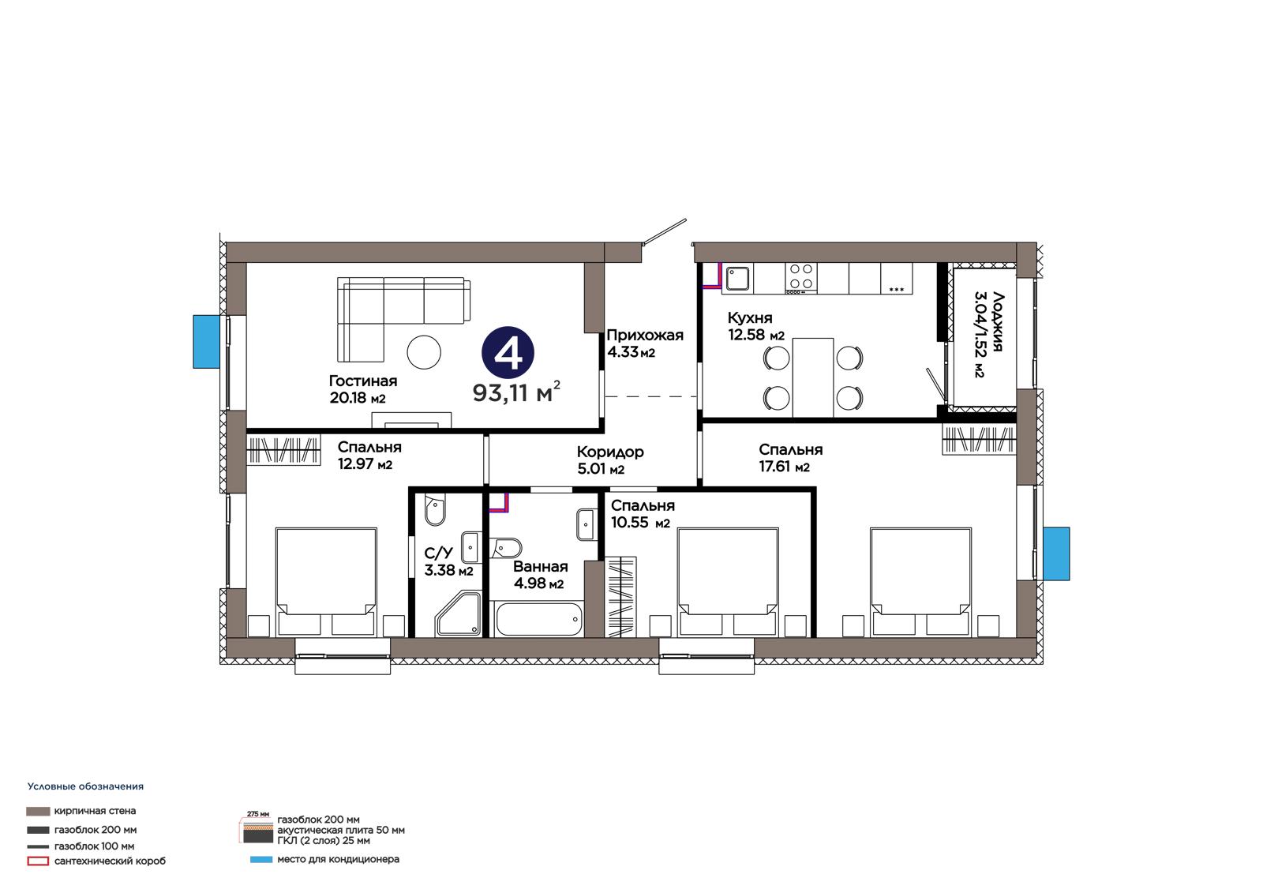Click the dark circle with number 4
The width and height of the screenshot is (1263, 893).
click(508, 353)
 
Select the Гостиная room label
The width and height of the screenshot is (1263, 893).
click(363, 381)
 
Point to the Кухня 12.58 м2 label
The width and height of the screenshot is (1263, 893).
click(755, 326)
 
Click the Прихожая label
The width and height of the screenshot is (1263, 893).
click(644, 335)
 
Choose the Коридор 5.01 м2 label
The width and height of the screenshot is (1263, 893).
click(610, 460)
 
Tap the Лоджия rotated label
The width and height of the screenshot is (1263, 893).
click(998, 321)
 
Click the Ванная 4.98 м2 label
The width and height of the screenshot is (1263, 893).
click(540, 575)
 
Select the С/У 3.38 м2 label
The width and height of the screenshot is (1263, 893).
click(448, 561)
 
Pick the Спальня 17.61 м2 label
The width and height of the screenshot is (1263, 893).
click(790, 458)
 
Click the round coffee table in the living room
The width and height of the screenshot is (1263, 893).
click(423, 353)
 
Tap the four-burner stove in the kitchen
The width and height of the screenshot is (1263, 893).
click(800, 276)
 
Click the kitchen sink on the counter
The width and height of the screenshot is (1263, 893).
click(737, 278)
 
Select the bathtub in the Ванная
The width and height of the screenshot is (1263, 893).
click(538, 619)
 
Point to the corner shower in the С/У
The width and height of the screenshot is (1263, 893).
click(459, 613)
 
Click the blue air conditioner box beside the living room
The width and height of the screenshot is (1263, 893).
click(206, 342)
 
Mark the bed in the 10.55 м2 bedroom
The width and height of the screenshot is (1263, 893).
click(727, 582)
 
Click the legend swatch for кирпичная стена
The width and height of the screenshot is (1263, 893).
click(38, 811)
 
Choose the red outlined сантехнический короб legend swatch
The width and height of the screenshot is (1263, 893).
click(38, 861)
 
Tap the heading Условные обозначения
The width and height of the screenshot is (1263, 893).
click(85, 786)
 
